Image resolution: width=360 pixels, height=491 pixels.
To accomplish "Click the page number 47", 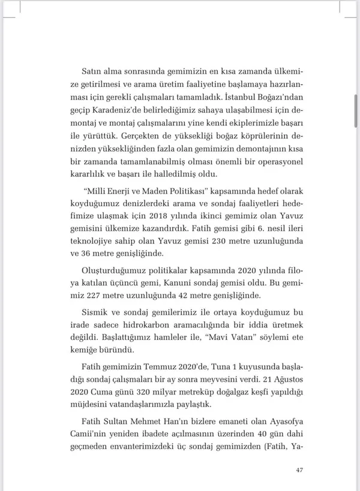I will coord(299,469).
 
